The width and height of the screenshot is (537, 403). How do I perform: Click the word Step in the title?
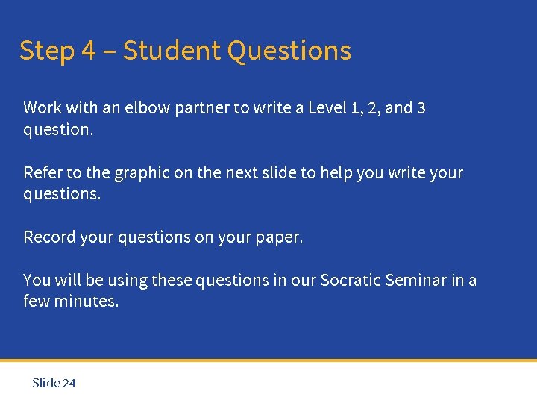tap(46, 51)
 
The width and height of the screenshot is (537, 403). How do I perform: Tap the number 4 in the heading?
tap(89, 51)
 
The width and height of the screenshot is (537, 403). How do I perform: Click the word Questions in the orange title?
tap(289, 51)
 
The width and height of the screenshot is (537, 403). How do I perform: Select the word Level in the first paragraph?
tap(327, 108)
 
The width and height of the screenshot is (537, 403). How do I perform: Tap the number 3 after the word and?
tap(421, 108)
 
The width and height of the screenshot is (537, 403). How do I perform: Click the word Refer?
tap(43, 173)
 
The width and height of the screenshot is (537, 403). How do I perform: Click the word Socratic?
tap(351, 281)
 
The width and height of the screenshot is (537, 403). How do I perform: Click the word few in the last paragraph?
tap(37, 302)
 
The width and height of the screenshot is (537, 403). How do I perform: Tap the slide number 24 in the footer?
tap(69, 384)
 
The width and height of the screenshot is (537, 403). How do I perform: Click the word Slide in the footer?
tap(45, 384)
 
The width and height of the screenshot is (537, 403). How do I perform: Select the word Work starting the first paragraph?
tap(43, 108)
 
